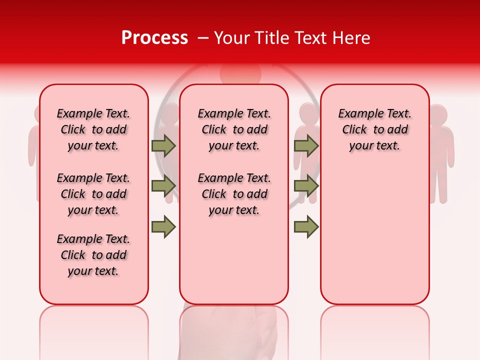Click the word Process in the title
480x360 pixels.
click(154, 38)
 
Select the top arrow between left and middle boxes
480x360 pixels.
click(163, 145)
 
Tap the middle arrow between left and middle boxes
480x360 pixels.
click(163, 185)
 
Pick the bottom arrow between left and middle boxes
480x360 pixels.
click(163, 226)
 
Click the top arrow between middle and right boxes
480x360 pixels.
click(306, 145)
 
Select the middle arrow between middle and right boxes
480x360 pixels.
click(306, 185)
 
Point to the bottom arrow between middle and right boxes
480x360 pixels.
click(306, 226)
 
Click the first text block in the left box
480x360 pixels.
click(93, 129)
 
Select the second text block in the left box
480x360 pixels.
click(93, 194)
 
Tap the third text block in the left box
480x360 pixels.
click(93, 255)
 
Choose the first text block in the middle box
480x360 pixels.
click(234, 129)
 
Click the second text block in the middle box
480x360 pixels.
click(234, 194)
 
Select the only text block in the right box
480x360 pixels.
click(374, 129)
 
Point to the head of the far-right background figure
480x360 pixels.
click(437, 114)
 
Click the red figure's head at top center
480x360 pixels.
click(240, 72)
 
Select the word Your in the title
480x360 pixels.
click(231, 38)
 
